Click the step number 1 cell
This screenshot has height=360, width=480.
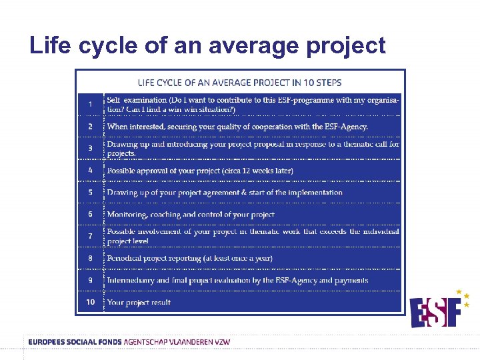click(x=90, y=104)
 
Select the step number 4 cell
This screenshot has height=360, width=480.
click(x=90, y=170)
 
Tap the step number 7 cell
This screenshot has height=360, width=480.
click(x=90, y=236)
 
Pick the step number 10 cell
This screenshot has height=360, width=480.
click(x=90, y=302)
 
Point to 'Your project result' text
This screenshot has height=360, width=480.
click(x=139, y=302)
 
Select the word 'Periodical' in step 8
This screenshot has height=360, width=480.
click(x=125, y=258)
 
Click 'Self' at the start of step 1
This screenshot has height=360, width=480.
click(x=113, y=99)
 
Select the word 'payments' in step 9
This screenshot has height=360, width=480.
click(x=351, y=280)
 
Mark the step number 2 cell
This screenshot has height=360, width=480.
click(x=90, y=126)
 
